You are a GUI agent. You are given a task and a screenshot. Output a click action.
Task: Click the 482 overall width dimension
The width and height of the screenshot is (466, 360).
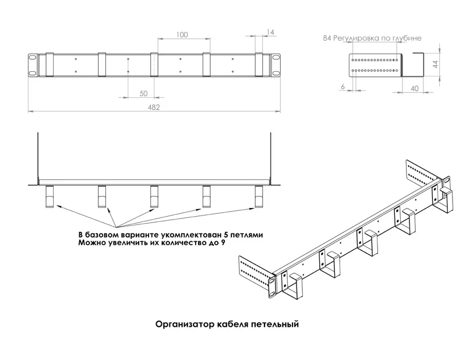tap(154, 107)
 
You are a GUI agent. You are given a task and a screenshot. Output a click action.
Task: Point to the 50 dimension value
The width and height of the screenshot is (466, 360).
tap(143, 93)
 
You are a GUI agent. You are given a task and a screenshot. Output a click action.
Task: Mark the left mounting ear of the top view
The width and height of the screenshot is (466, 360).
tap(33, 64)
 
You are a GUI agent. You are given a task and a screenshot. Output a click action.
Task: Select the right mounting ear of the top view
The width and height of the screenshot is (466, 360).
tap(275, 64)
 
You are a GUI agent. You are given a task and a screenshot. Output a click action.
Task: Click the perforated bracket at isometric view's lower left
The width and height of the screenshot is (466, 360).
tap(255, 273)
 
